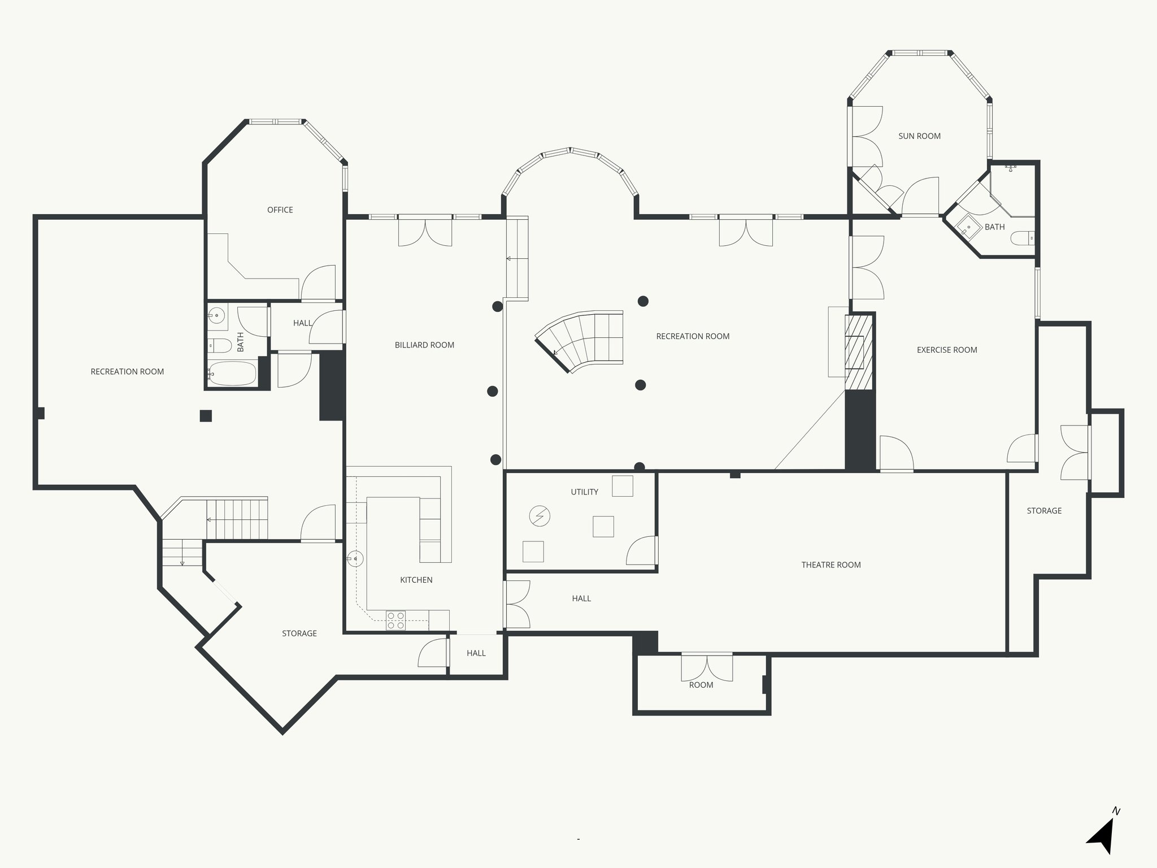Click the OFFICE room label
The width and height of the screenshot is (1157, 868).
tap(280, 210)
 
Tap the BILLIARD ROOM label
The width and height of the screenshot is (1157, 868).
tap(424, 345)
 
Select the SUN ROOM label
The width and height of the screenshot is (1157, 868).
tap(919, 136)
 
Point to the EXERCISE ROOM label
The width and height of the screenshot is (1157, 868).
tap(946, 350)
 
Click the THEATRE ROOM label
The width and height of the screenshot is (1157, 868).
tap(830, 565)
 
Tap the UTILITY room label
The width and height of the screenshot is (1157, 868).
tap(584, 492)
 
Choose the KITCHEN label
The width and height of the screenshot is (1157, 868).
tap(416, 580)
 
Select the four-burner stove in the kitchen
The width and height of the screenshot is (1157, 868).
tap(395, 620)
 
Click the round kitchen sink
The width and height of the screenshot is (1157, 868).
tap(355, 559)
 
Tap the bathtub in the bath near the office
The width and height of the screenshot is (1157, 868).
tap(232, 374)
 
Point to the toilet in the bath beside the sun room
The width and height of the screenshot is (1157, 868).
tap(1021, 238)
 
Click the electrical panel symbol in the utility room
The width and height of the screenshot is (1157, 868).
tap(539, 515)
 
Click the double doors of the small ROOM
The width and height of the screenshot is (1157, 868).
tap(707, 667)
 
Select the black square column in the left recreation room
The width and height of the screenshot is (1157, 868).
tap(206, 416)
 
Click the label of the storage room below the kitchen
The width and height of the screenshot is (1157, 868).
tap(299, 633)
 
